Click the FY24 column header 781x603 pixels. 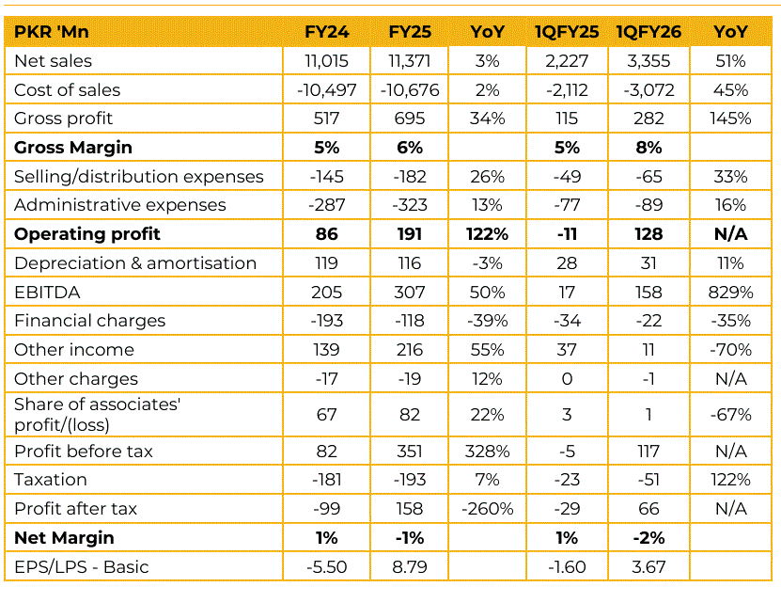327,32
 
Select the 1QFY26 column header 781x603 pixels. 648,32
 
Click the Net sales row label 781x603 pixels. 54,61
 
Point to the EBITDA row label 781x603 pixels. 43,292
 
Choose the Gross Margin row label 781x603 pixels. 73,148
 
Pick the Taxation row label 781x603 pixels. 50,480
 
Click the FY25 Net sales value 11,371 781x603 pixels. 410,61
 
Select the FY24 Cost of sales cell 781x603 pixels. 327,90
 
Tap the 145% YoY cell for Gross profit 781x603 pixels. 730,119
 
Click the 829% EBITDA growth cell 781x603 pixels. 730,292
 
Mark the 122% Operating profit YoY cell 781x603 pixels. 487,234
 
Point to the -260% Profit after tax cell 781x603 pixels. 487,509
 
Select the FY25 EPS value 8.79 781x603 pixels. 410,567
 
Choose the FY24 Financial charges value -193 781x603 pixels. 327,321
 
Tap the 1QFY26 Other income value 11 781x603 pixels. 648,350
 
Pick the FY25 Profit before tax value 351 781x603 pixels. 410,452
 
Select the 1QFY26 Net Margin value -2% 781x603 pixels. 648,538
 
